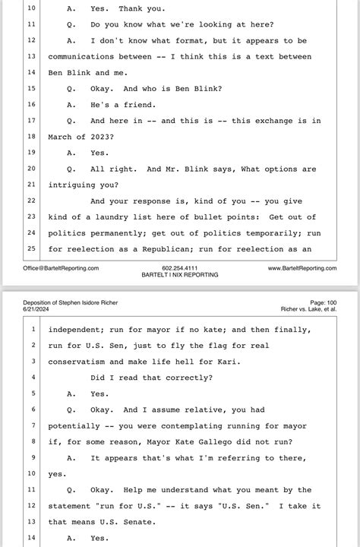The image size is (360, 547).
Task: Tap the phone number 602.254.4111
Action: [180, 268]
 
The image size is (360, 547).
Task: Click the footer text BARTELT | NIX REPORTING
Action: [180, 275]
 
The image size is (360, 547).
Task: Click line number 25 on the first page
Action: [32, 248]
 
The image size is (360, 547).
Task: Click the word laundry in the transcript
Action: [125, 216]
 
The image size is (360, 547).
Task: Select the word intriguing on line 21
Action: [76, 184]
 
